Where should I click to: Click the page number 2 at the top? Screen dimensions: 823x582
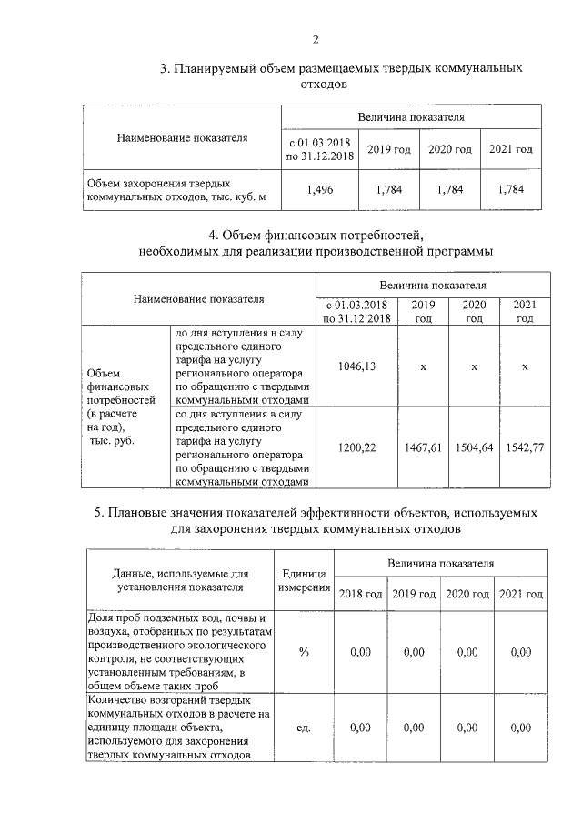coord(316,39)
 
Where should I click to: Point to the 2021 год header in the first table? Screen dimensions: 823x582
coord(510,149)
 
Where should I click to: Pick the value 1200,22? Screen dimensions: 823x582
coord(350,447)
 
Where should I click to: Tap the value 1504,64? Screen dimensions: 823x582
coord(474,447)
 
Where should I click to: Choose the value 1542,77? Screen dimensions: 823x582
coord(525,447)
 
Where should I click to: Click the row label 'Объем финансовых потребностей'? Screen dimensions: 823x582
coord(116,406)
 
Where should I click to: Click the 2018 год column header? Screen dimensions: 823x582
coord(360,594)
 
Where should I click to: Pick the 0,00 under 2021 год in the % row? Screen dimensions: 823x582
coord(521,652)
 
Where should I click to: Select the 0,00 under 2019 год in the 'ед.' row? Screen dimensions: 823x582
coord(414,728)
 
